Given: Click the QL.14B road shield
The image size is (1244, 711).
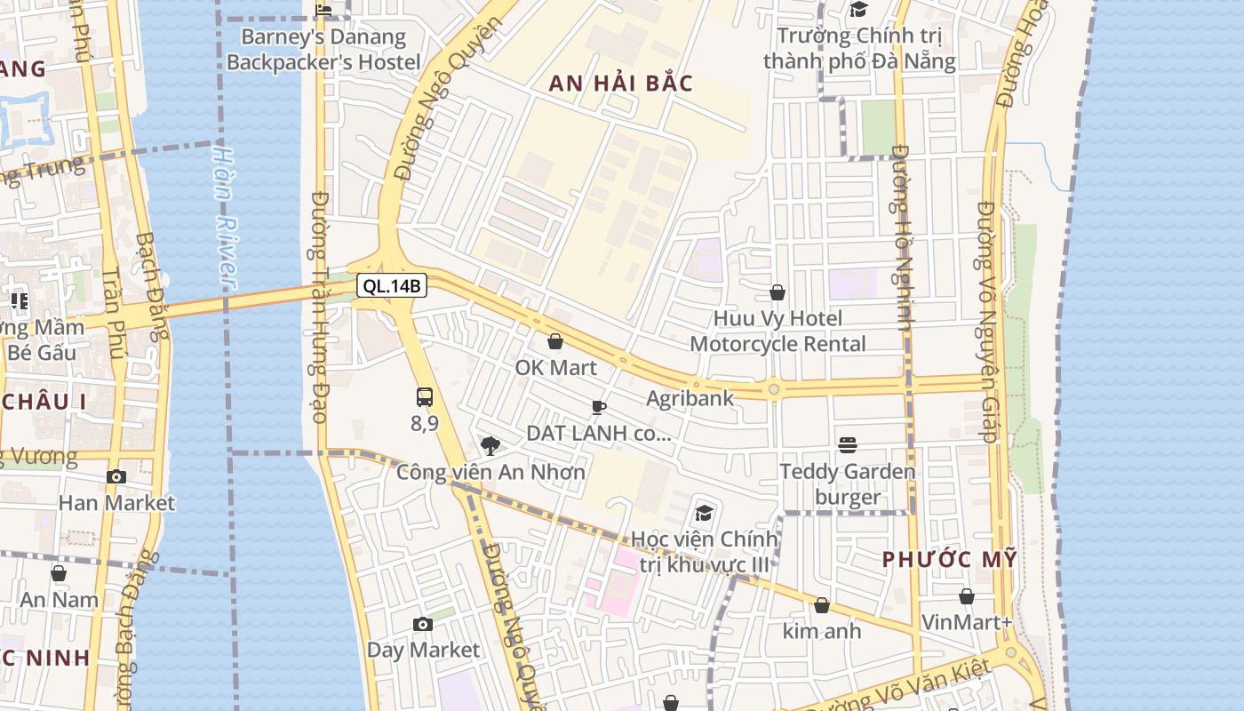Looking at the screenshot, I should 392,285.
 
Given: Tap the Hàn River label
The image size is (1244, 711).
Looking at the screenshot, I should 224,217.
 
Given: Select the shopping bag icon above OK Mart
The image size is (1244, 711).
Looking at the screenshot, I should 555,341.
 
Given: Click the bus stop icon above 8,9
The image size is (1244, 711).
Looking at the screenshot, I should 425,396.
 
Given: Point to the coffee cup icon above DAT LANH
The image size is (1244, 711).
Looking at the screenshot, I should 599,407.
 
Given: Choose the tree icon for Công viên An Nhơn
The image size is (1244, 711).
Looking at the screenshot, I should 489,445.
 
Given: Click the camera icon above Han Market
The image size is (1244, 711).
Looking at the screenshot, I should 116,476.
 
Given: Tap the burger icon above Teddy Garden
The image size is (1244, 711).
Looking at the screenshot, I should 848,444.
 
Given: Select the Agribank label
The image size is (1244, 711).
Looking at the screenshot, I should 690,398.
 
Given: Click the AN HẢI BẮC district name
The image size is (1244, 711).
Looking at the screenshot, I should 620,84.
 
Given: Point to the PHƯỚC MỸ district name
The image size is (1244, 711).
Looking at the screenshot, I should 949,559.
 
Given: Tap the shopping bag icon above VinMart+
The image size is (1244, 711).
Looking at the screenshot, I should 967,596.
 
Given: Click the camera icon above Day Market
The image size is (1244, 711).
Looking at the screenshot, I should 423,624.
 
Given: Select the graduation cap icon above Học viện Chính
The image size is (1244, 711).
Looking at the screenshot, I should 705,513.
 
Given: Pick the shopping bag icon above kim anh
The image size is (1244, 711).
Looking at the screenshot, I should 822,605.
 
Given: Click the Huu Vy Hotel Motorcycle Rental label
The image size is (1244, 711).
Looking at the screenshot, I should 777,331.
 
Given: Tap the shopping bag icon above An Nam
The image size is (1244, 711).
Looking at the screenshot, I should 59,573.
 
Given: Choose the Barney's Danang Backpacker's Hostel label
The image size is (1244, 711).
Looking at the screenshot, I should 323,50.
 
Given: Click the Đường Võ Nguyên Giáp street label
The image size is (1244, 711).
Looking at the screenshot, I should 986,322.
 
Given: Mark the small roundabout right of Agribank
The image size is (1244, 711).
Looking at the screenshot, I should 774,388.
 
